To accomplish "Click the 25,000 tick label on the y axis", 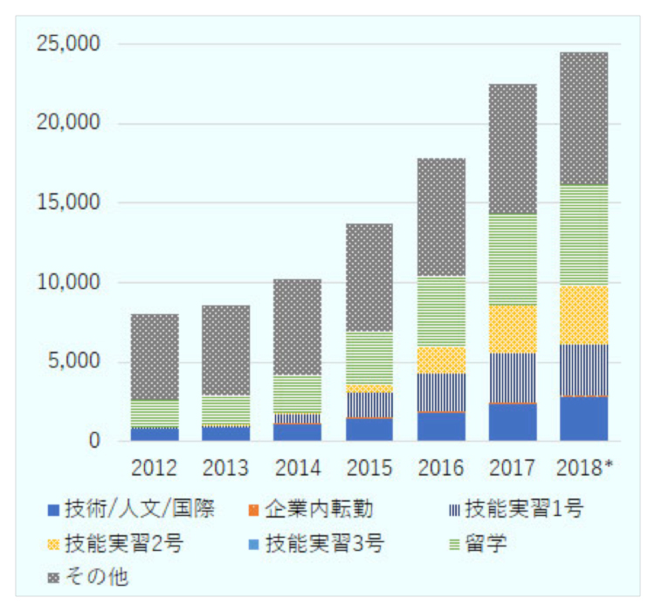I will coord(68,44).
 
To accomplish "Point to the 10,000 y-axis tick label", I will coord(68,282).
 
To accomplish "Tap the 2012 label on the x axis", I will coord(155,466).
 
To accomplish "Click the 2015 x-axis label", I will coord(369,466).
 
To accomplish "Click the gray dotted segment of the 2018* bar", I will coord(584,119).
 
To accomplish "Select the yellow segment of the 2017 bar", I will coord(513,329).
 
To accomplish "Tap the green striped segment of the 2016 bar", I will coord(441,312).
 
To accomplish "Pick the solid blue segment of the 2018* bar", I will coord(584,419).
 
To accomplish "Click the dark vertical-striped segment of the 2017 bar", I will coord(513,378).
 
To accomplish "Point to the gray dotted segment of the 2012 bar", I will coord(155,357).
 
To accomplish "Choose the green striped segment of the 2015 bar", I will coord(369,358).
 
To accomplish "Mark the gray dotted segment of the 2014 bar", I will coord(298,327).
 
